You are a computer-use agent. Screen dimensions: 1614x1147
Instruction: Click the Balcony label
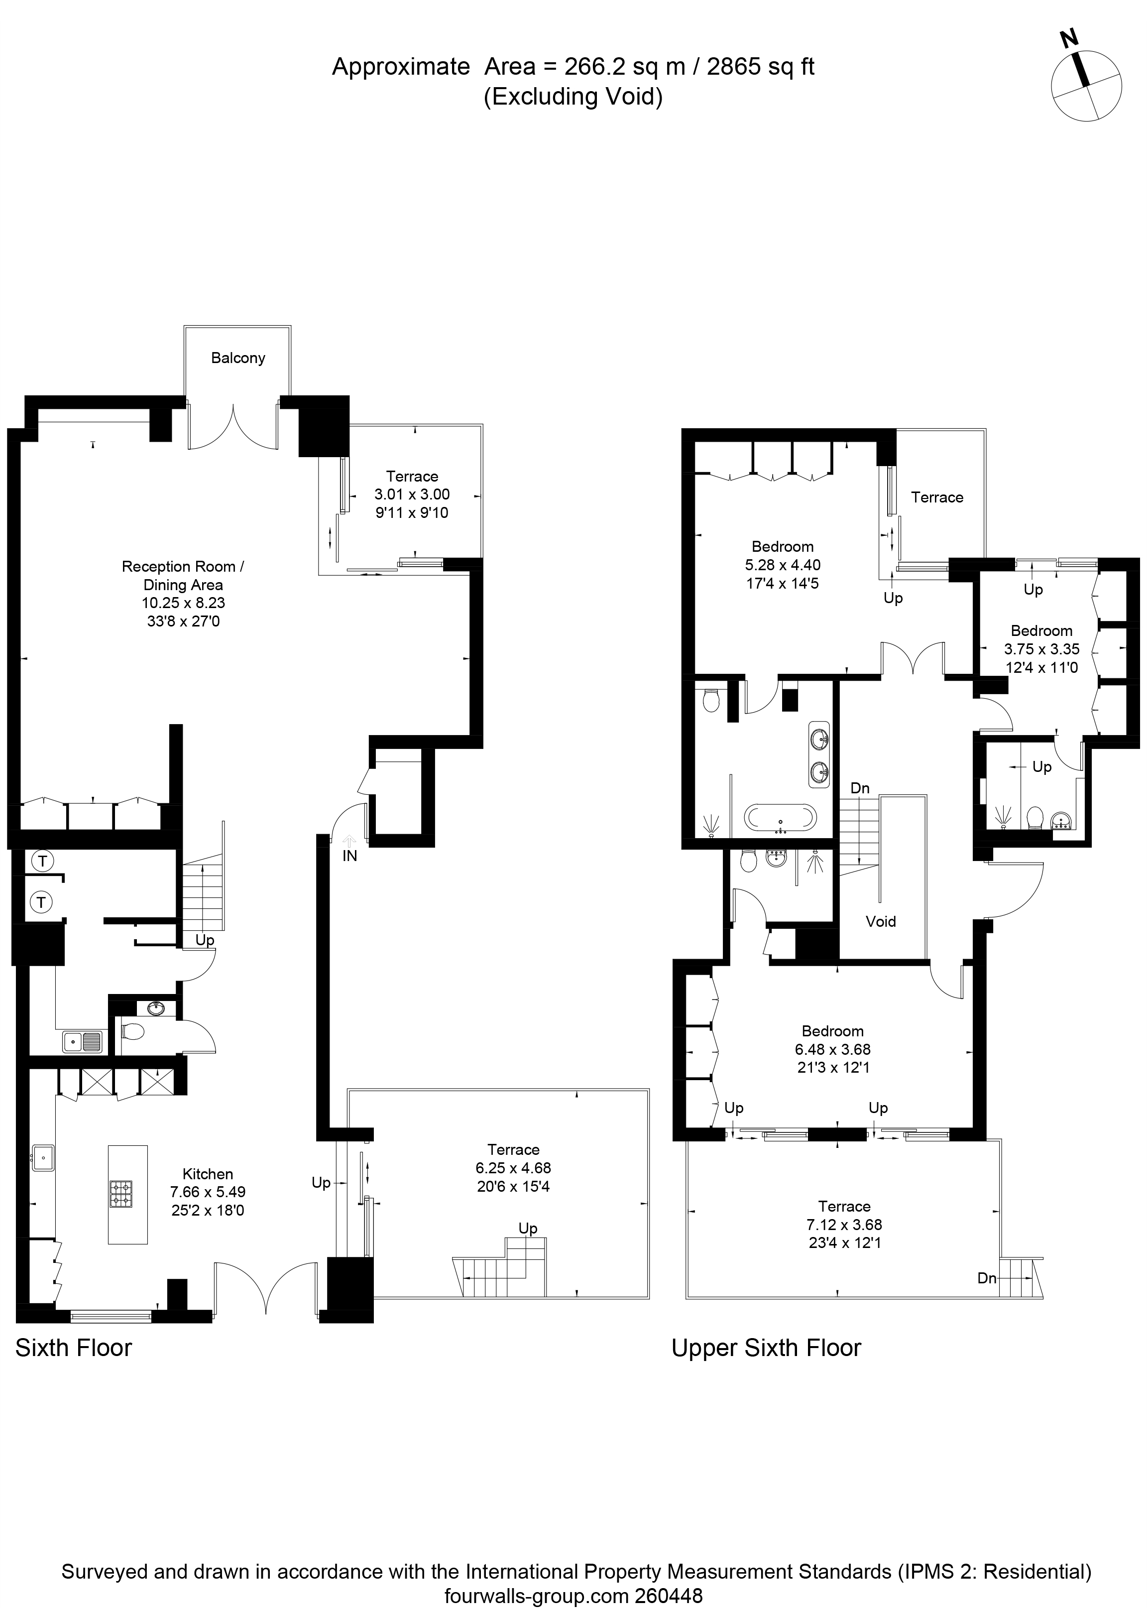tap(238, 358)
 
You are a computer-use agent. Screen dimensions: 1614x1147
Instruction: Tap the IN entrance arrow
tap(349, 841)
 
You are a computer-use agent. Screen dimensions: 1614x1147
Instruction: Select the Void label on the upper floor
tap(881, 921)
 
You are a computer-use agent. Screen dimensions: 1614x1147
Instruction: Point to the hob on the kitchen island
tap(120, 1194)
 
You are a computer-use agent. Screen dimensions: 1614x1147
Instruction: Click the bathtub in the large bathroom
tap(781, 819)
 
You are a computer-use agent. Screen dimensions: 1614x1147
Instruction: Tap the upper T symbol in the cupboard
tap(43, 861)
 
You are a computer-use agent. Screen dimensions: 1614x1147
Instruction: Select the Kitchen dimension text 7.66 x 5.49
tap(208, 1192)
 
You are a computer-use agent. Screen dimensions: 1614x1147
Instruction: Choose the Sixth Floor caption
tap(74, 1348)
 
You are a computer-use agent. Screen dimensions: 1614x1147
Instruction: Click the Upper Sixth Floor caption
tap(766, 1348)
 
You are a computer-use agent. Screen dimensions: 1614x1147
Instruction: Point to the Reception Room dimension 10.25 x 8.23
tap(183, 603)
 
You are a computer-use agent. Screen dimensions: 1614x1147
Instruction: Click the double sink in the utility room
tap(83, 1041)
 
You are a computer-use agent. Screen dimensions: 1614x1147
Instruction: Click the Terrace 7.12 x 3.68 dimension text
tap(845, 1225)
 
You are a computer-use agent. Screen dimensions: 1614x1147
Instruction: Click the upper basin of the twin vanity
tap(821, 740)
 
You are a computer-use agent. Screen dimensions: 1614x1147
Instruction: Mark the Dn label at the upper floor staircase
tap(860, 787)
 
